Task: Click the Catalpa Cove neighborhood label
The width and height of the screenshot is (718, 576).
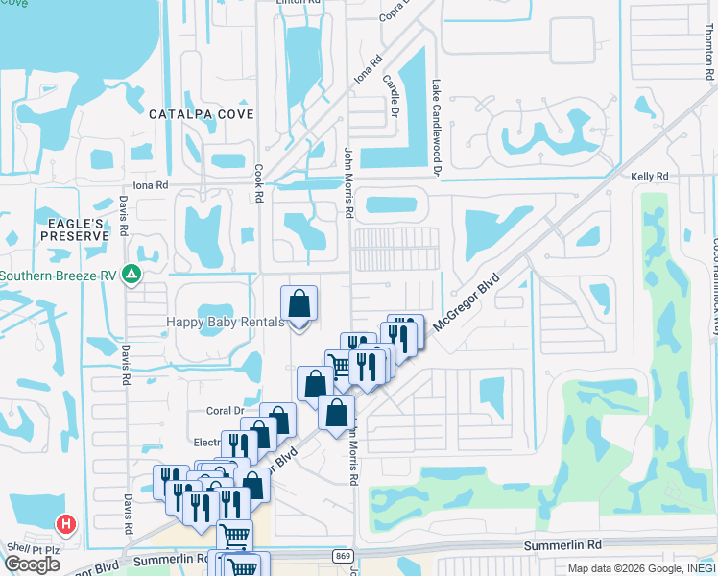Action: tap(202, 114)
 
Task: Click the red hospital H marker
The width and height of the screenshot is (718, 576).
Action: tap(66, 525)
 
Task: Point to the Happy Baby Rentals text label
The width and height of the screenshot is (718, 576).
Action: tap(225, 322)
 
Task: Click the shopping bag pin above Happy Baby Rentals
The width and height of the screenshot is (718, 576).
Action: tap(299, 305)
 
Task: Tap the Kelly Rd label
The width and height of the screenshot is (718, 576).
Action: tap(649, 177)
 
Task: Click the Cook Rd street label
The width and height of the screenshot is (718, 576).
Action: tap(258, 181)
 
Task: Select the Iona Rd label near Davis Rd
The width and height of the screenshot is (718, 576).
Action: tap(150, 185)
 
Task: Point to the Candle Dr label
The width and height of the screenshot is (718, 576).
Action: tap(391, 93)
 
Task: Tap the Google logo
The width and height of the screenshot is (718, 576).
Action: tap(32, 564)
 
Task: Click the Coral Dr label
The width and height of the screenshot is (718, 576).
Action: tap(227, 411)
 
